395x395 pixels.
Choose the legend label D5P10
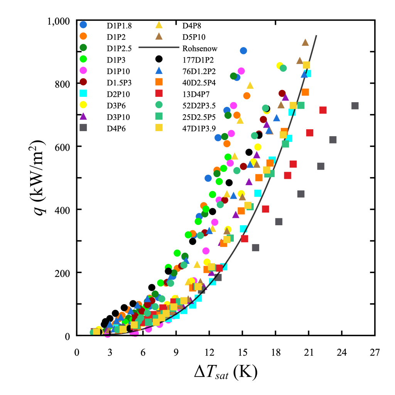click(194, 37)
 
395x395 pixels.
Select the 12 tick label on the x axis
click(209, 352)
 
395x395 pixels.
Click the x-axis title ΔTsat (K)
click(226, 372)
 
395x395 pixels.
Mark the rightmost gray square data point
click(355, 106)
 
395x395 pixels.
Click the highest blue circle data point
click(243, 51)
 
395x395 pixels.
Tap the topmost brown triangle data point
click(306, 42)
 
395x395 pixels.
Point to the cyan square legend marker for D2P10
click(83, 93)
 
